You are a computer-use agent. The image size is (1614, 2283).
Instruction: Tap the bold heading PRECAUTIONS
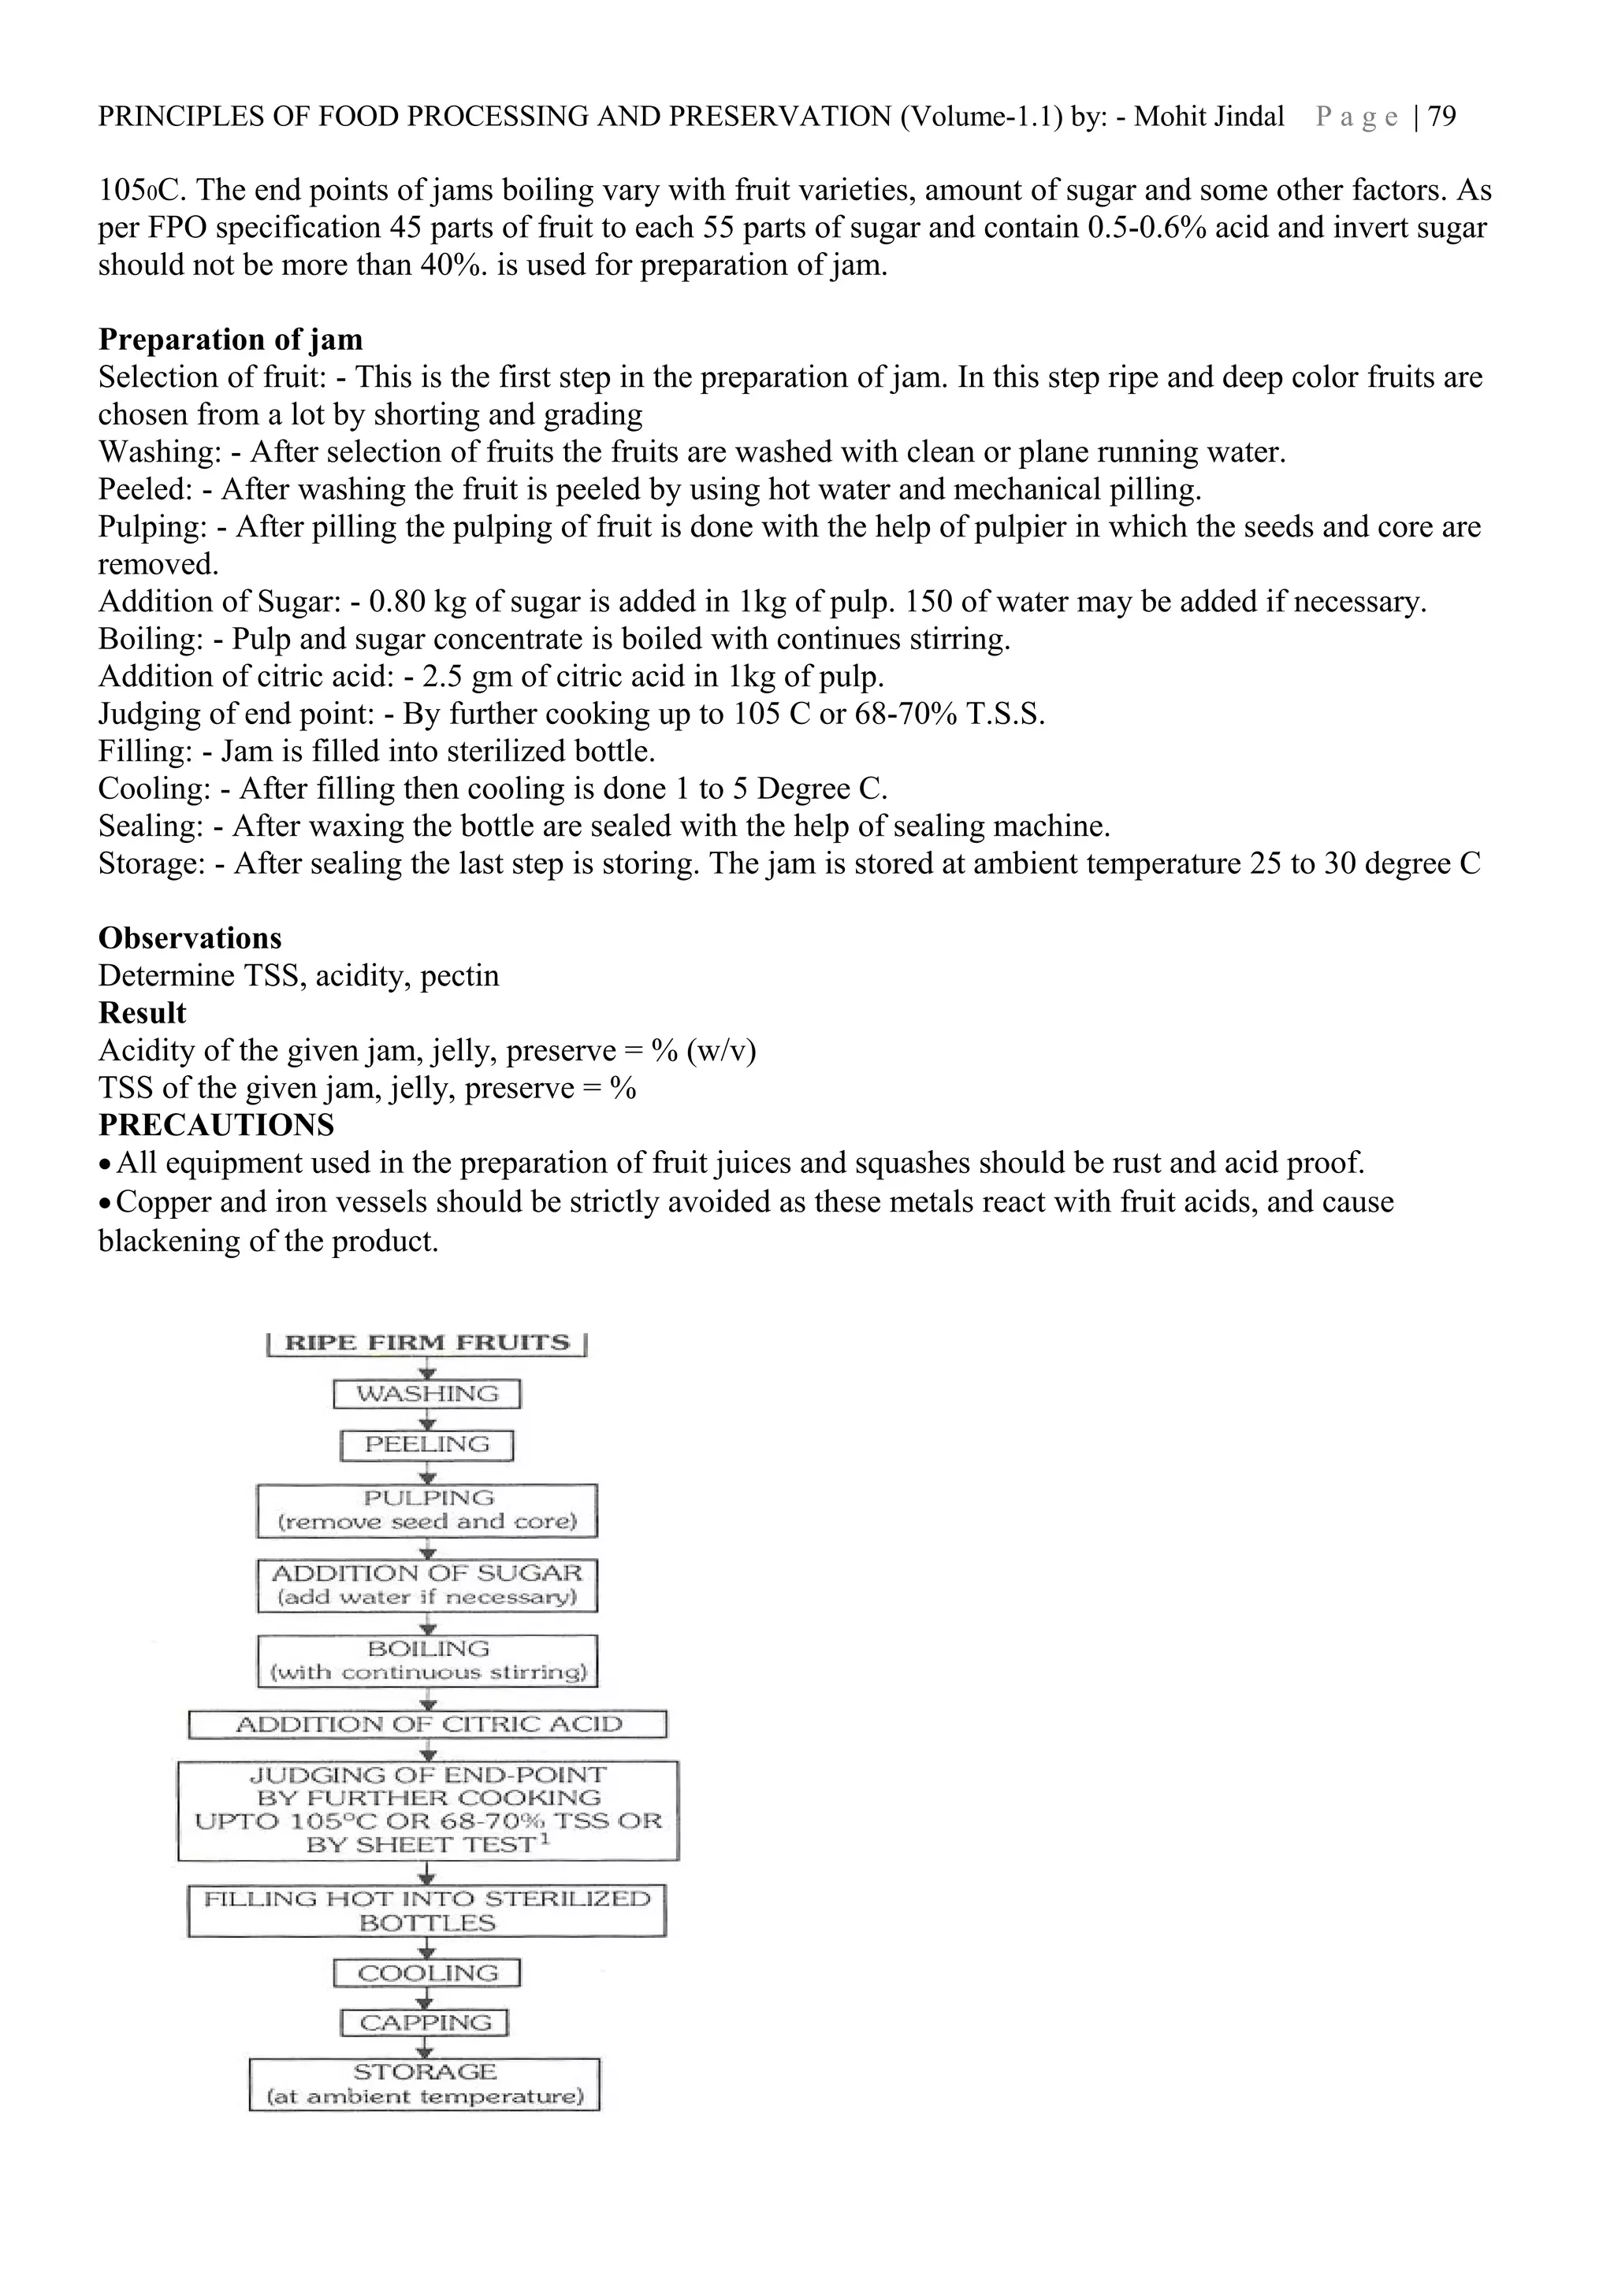coord(216,1125)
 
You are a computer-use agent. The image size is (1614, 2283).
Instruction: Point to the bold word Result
coord(142,1012)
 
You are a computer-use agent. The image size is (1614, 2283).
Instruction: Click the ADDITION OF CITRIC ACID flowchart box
coord(428,1724)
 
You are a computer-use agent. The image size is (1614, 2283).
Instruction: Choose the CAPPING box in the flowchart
coord(425,2024)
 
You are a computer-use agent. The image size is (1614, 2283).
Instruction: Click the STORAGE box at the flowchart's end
coord(425,2084)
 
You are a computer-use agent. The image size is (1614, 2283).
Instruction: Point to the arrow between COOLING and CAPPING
coord(426,1999)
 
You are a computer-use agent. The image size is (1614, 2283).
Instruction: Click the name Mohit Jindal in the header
coord(1208,117)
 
